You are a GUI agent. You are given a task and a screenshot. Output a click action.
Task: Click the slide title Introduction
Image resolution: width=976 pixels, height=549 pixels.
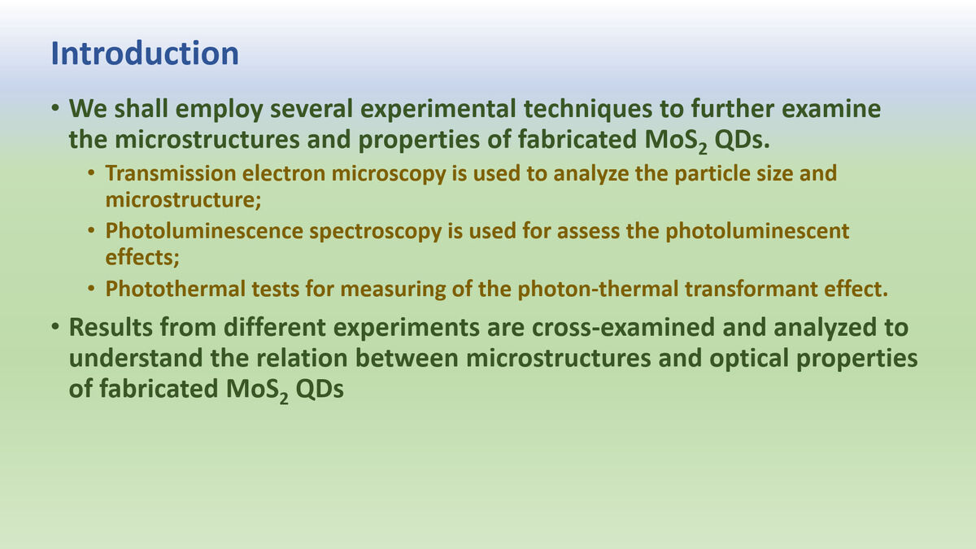(x=145, y=54)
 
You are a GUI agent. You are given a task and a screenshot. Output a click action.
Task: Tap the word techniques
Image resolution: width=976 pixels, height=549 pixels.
(x=588, y=109)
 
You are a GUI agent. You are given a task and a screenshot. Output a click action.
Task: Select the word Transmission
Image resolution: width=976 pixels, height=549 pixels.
(x=172, y=173)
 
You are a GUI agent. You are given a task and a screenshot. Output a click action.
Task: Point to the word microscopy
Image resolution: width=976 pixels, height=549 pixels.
(x=389, y=174)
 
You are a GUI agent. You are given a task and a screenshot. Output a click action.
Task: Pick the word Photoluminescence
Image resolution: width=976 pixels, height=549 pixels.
(x=204, y=230)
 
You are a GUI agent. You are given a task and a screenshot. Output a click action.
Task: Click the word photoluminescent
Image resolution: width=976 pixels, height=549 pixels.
(x=757, y=231)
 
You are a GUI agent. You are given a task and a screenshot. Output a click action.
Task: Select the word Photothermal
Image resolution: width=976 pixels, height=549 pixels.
(x=176, y=289)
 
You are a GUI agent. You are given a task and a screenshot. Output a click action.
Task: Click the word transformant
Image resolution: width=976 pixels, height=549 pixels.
(x=752, y=289)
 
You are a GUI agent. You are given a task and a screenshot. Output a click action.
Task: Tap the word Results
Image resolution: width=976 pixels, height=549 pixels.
(x=111, y=327)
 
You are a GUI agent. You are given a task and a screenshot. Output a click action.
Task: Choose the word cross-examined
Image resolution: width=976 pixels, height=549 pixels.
(x=623, y=327)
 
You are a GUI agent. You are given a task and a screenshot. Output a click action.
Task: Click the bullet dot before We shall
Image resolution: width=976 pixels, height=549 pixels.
(x=55, y=108)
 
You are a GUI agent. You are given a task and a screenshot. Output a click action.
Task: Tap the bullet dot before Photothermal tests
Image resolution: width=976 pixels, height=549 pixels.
(x=91, y=288)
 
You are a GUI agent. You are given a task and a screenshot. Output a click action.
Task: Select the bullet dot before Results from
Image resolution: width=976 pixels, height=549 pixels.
(x=55, y=326)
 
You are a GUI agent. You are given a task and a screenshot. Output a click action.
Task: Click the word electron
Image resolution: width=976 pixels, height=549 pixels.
(x=284, y=173)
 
